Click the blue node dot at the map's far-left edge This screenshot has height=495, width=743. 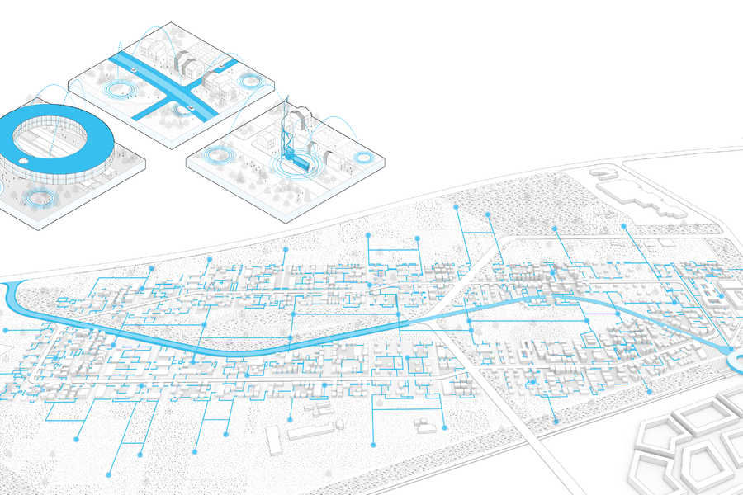point(6,330)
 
